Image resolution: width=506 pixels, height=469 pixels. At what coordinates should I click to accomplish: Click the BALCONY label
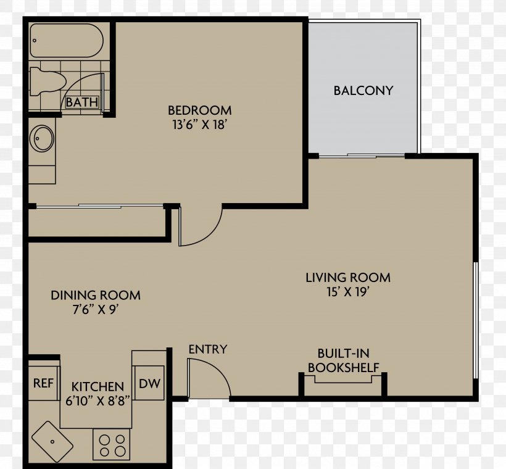(363, 91)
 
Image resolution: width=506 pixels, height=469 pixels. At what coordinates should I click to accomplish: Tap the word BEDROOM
(200, 110)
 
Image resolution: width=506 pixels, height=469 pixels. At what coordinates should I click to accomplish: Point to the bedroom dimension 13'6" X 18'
(199, 125)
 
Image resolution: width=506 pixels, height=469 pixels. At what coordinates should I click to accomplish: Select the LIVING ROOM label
(348, 278)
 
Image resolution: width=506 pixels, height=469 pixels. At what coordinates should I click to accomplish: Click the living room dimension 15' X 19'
(348, 292)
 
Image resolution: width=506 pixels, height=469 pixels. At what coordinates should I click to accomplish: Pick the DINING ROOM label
(96, 296)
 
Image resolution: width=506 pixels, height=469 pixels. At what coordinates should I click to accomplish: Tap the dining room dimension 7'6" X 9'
(94, 310)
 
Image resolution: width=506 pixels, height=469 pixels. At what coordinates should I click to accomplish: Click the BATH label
(81, 102)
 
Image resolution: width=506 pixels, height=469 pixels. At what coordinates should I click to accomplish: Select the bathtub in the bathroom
(67, 41)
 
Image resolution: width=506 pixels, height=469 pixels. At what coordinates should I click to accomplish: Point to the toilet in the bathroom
(48, 82)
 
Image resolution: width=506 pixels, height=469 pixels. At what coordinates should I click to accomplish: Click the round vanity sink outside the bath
(41, 138)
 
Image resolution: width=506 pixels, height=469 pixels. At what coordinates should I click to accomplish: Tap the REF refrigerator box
(44, 383)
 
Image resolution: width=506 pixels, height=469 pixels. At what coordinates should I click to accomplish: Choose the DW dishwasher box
(149, 383)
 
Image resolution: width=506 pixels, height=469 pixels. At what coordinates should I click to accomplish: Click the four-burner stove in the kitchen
(111, 445)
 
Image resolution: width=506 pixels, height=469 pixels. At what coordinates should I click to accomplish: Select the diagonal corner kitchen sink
(52, 441)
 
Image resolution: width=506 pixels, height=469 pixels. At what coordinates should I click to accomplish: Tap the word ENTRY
(208, 349)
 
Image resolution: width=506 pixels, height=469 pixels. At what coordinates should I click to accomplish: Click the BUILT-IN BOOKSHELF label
(343, 360)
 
